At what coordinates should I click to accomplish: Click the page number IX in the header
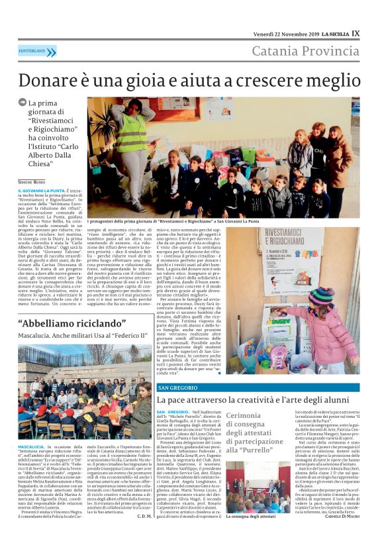tap(356, 33)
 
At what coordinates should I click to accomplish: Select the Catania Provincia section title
tap(307, 51)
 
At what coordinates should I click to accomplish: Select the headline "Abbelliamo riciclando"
tap(69, 324)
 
